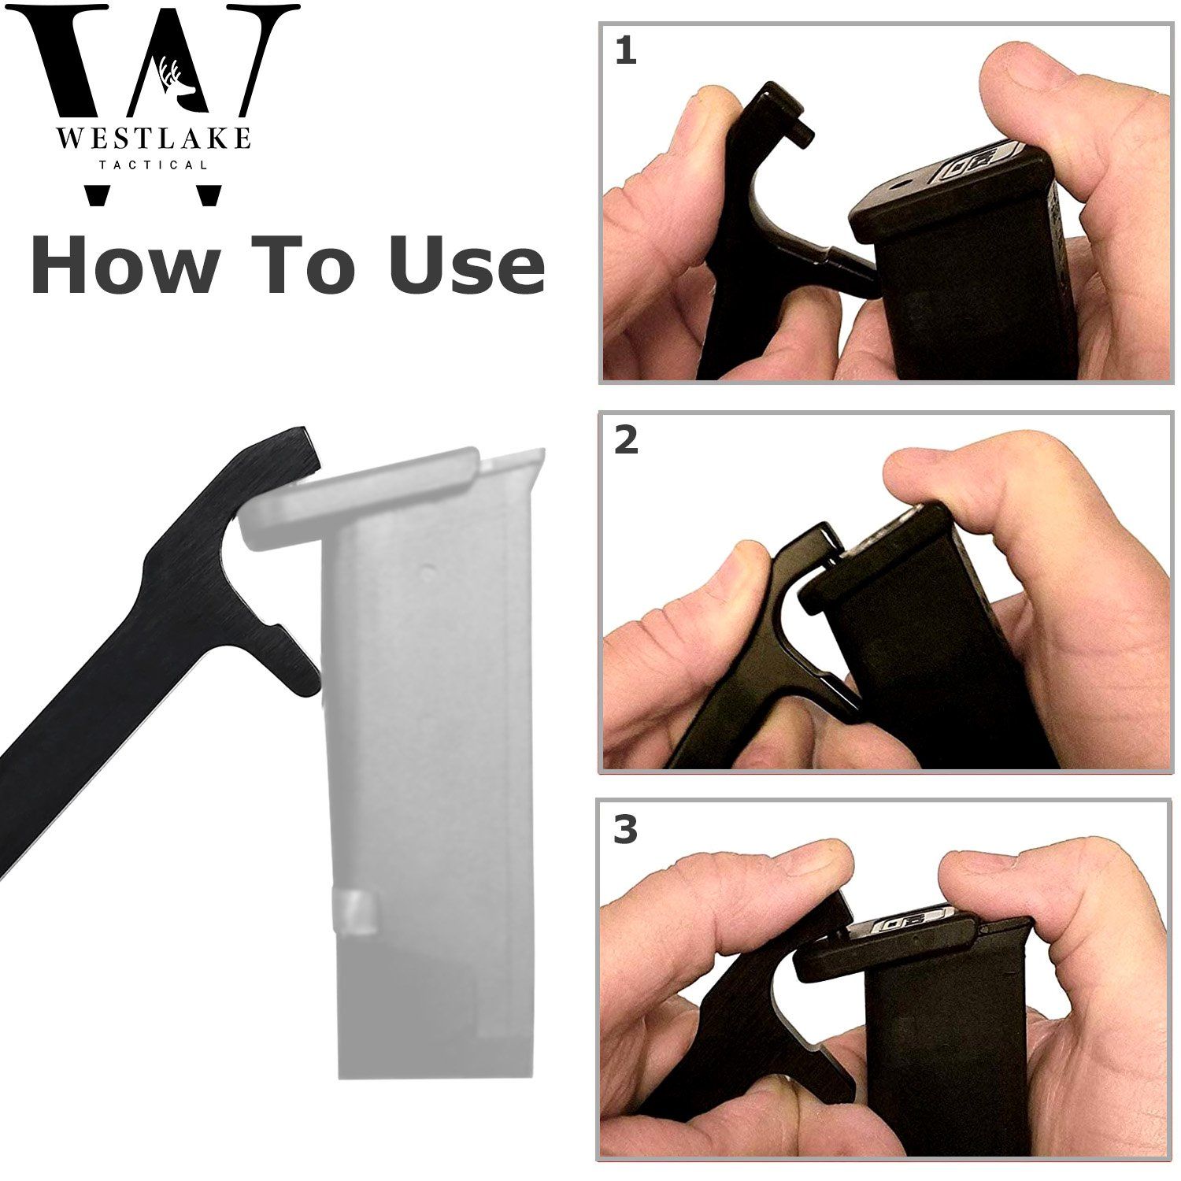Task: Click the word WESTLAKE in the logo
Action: point(153,140)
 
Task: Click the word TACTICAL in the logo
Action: point(153,165)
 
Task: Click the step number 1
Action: point(625,52)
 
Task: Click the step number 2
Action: point(626,440)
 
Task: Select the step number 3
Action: point(625,831)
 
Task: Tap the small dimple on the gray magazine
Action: point(428,568)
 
